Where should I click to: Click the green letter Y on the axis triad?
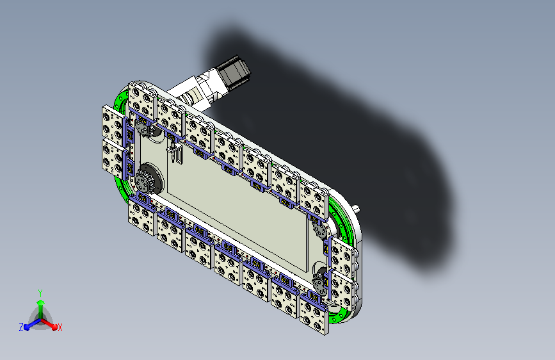click(x=40, y=293)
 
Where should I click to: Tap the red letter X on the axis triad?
click(x=60, y=328)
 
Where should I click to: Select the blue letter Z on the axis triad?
click(x=21, y=327)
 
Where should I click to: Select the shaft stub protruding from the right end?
click(x=357, y=208)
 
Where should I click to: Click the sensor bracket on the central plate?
click(x=175, y=152)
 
